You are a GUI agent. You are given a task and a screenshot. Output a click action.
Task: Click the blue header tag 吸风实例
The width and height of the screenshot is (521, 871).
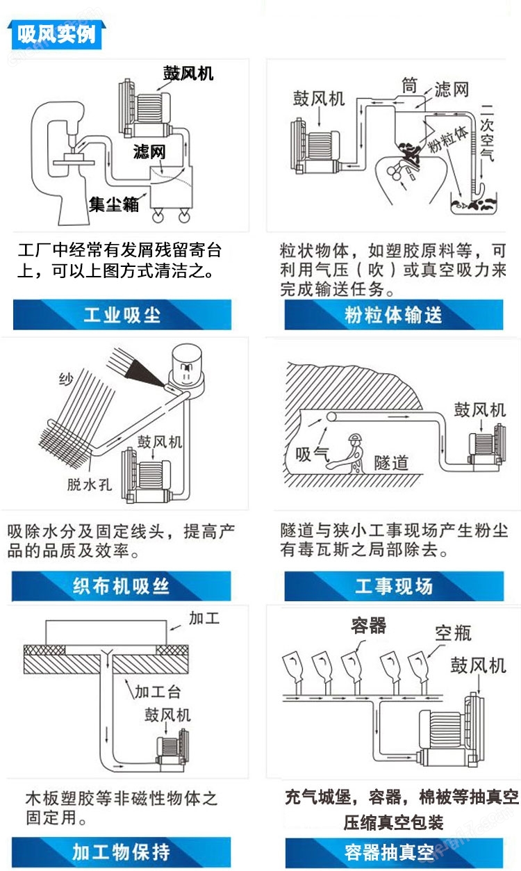pyautogui.click(x=57, y=35)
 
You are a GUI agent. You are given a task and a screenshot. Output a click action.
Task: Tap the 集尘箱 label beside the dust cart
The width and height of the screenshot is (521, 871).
pyautogui.click(x=114, y=204)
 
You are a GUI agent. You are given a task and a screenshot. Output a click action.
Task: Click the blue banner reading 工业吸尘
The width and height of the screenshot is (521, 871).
pyautogui.click(x=122, y=315)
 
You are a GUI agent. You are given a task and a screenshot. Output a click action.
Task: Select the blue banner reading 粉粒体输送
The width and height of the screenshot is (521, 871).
pyautogui.click(x=394, y=315)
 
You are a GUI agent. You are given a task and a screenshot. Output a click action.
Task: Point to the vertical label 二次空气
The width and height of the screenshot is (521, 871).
pyautogui.click(x=487, y=133)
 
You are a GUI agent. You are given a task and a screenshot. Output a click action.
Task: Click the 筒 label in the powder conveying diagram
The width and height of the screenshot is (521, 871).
pyautogui.click(x=409, y=86)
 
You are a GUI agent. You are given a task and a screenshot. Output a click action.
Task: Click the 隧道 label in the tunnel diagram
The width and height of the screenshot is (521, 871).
pyautogui.click(x=391, y=463)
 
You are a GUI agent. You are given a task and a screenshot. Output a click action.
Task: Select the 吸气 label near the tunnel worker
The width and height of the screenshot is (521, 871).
pyautogui.click(x=313, y=454)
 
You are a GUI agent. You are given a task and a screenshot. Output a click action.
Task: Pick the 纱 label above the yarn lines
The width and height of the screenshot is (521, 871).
pyautogui.click(x=66, y=379)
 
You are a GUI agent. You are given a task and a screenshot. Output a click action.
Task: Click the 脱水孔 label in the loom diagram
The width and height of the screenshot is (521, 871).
pyautogui.click(x=90, y=485)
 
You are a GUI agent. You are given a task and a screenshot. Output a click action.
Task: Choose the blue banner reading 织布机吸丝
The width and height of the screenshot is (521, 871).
pyautogui.click(x=121, y=586)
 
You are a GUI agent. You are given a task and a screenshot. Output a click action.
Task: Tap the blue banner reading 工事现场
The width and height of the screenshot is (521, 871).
pyautogui.click(x=394, y=586)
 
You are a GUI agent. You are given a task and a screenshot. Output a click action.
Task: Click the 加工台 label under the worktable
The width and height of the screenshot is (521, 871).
pyautogui.click(x=158, y=692)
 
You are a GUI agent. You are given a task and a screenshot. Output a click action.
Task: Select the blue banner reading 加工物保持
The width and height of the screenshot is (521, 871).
pyautogui.click(x=121, y=852)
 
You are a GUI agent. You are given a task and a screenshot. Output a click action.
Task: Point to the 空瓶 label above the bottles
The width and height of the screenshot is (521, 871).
pyautogui.click(x=454, y=633)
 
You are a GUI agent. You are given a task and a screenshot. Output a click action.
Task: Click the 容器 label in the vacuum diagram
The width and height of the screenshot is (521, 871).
pyautogui.click(x=369, y=626)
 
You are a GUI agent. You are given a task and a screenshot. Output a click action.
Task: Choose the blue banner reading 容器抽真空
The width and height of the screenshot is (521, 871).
pyautogui.click(x=394, y=853)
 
